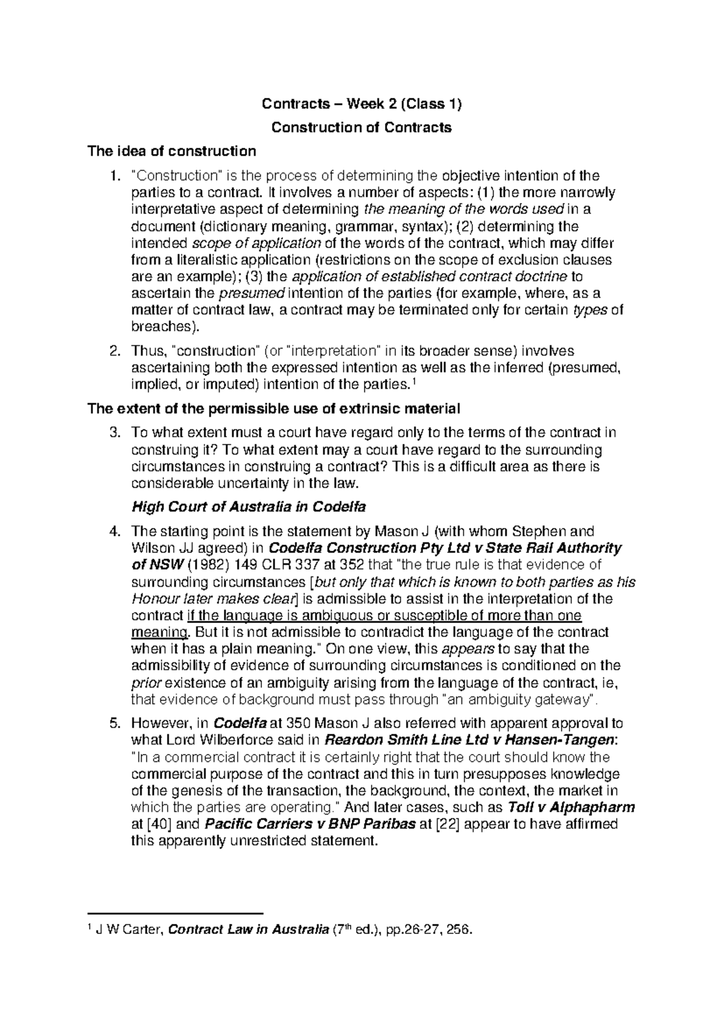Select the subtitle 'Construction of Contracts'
[x=361, y=127]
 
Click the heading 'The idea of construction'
[x=172, y=150]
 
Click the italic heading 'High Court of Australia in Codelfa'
[x=249, y=506]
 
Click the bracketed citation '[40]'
[x=159, y=825]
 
